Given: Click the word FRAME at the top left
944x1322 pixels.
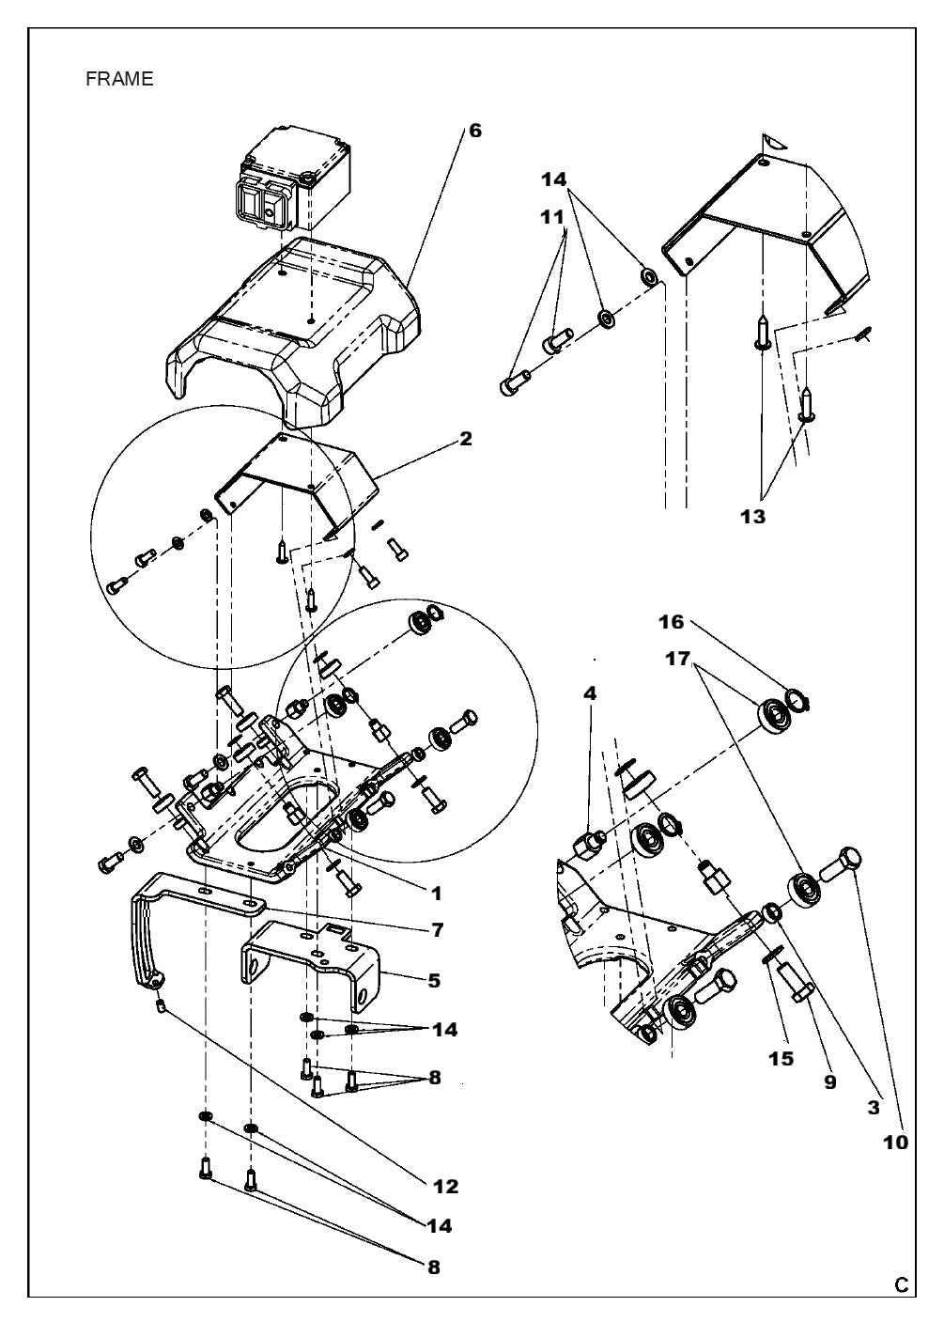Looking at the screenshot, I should [x=119, y=80].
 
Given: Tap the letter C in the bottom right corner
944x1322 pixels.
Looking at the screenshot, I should [x=901, y=1285].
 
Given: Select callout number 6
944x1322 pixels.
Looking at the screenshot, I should [x=475, y=131].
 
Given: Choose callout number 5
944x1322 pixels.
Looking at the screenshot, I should [x=433, y=980].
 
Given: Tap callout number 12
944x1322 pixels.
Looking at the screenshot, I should [x=446, y=1187].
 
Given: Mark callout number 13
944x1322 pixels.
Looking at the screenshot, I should [x=751, y=517].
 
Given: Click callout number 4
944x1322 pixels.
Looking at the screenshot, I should [x=589, y=693].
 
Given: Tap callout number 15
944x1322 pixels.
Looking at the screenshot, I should [x=781, y=1059].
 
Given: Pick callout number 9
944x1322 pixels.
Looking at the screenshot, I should [x=829, y=1081].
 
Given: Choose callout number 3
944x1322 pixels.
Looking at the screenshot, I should [x=874, y=1108].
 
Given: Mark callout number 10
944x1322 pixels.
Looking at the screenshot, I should [x=895, y=1143].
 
